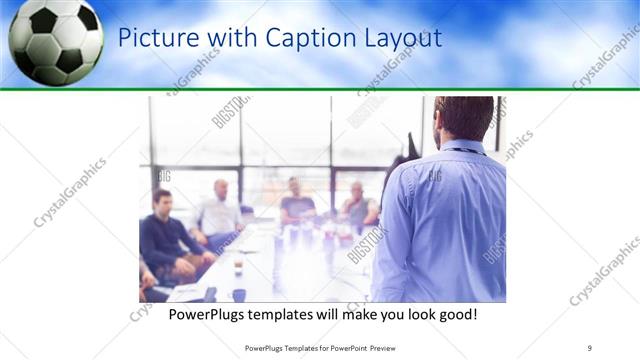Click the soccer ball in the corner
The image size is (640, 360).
point(55,42)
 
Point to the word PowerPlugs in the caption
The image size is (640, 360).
point(206,314)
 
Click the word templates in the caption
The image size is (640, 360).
point(290,314)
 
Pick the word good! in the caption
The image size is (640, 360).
point(454,314)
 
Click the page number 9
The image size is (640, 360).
point(590,348)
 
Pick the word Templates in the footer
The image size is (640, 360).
point(298,348)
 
